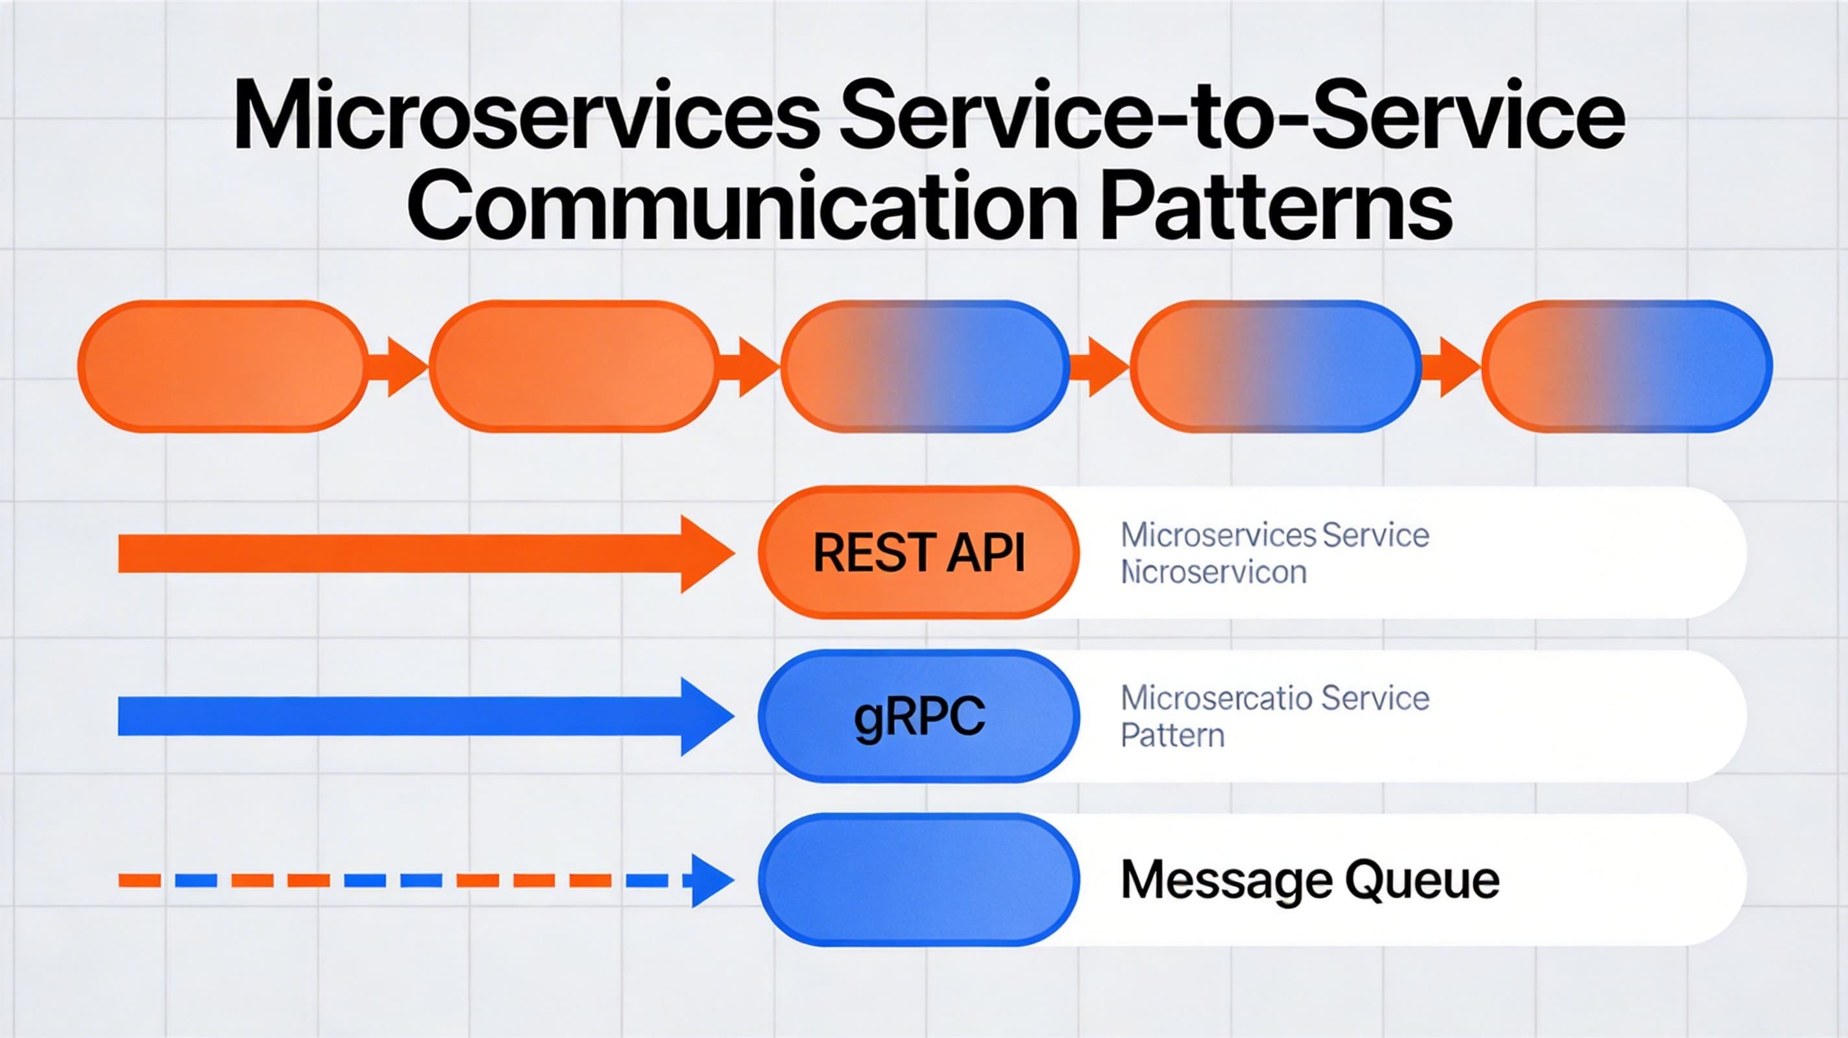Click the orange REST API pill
[x=918, y=552]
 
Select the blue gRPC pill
[x=918, y=717]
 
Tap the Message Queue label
[x=1309, y=880]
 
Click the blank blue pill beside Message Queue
[x=918, y=880]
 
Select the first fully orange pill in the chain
[x=222, y=366]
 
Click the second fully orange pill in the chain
[x=573, y=366]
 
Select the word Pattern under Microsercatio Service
[x=1173, y=736]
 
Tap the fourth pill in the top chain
[x=1276, y=366]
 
